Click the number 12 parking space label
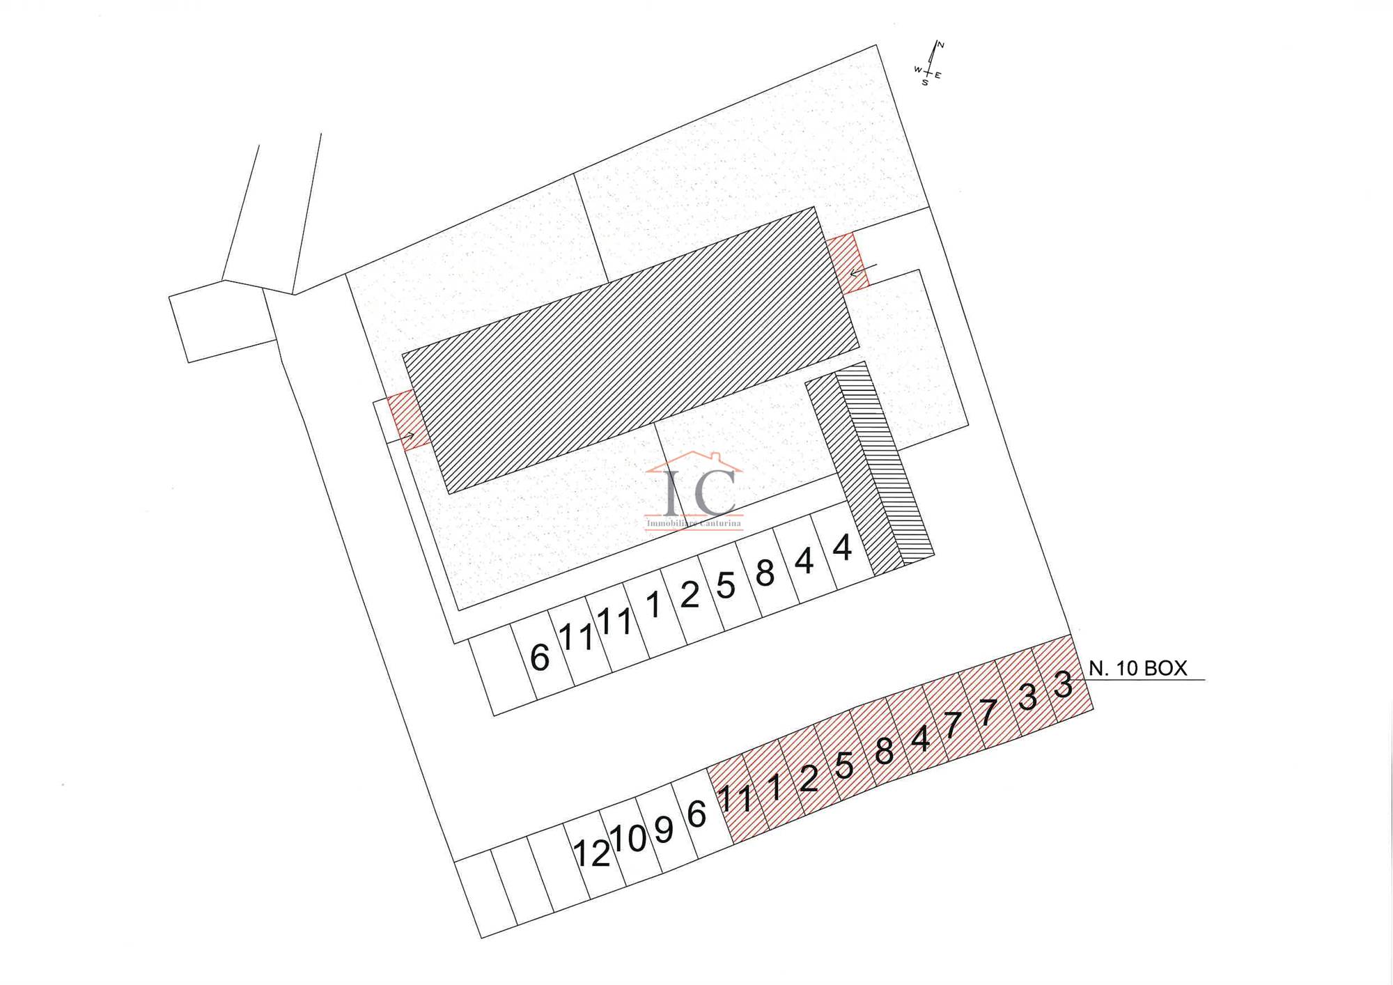pyautogui.click(x=591, y=853)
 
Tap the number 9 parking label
pyautogui.click(x=664, y=830)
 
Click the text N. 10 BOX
pyautogui.click(x=1137, y=668)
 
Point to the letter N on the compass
pyautogui.click(x=940, y=45)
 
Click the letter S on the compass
pyautogui.click(x=925, y=83)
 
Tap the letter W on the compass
pyautogui.click(x=918, y=70)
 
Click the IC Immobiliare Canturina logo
pyautogui.click(x=694, y=491)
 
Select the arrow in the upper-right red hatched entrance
pyautogui.click(x=863, y=270)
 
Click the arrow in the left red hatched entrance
pyautogui.click(x=407, y=436)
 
